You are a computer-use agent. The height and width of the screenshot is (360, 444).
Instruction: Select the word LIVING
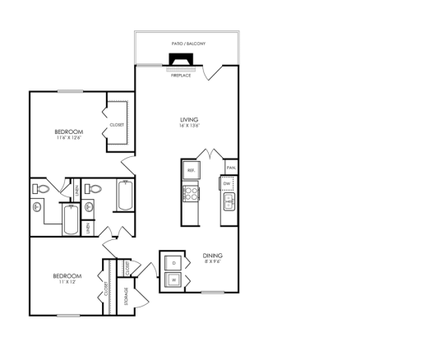coord(190,120)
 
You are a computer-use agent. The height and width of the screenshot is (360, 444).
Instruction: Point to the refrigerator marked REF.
coord(191,170)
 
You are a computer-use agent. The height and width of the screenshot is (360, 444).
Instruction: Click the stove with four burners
coord(191,194)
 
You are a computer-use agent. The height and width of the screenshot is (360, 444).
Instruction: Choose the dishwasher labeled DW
coord(228,182)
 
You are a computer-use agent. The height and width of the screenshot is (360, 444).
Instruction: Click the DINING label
coord(213,256)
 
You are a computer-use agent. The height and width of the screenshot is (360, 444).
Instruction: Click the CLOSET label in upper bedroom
coord(117,125)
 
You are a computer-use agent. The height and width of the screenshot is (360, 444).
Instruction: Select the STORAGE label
coord(124,296)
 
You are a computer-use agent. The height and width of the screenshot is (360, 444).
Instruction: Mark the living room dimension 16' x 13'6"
coord(190,127)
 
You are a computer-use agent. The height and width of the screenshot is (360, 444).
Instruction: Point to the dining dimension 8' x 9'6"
coord(213,262)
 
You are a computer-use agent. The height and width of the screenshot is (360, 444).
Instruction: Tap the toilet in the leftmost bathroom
coord(40,189)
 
